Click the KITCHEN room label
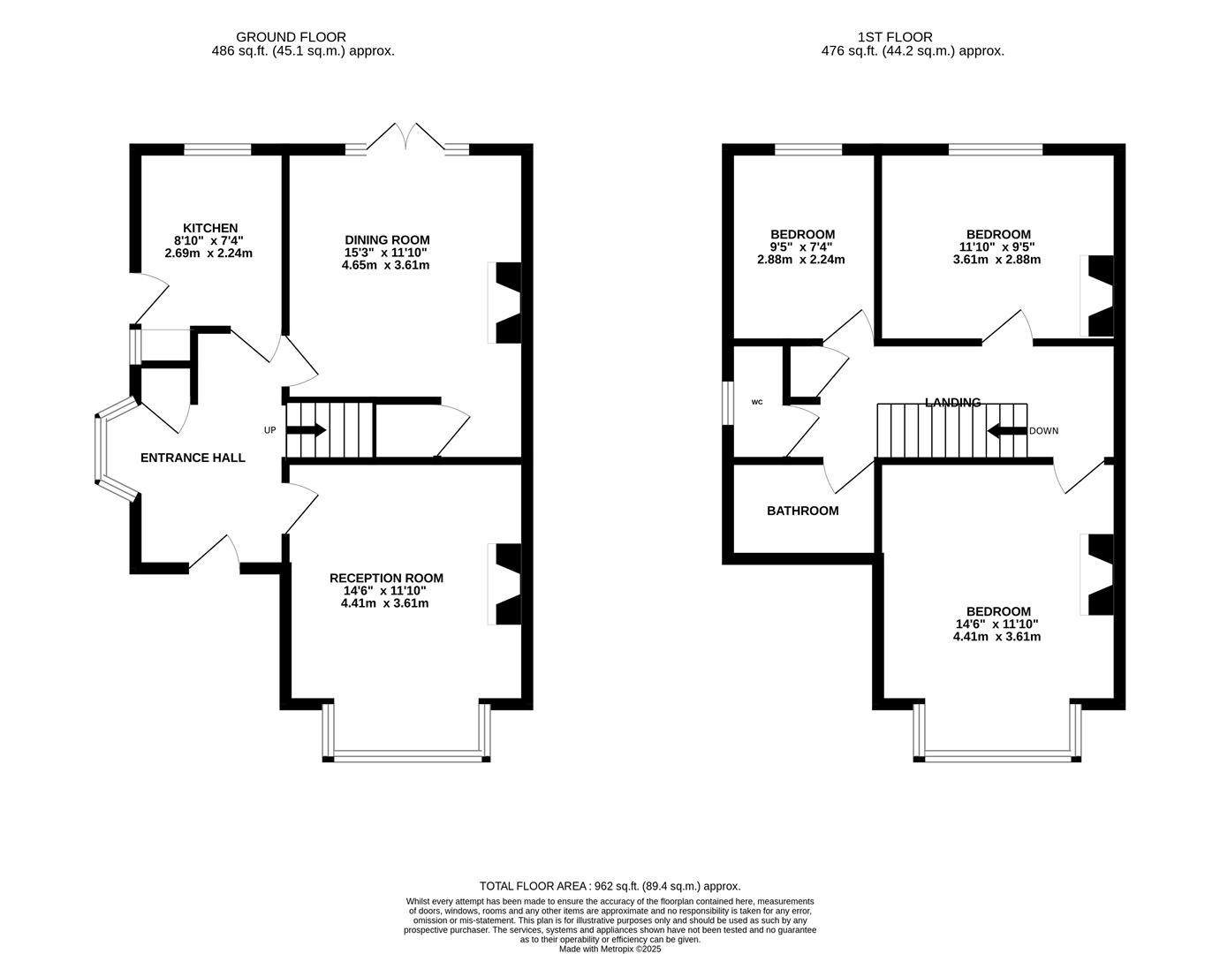(x=210, y=228)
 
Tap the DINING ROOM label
(x=387, y=240)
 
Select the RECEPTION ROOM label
(x=386, y=578)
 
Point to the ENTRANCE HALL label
(x=193, y=458)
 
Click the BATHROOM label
(x=803, y=511)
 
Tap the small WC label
(x=757, y=402)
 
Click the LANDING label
(x=952, y=403)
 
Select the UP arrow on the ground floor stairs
(x=306, y=430)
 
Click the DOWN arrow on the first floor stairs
(x=1007, y=431)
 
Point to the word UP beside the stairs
(x=270, y=430)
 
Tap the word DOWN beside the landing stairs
(x=1043, y=431)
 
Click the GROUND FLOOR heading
(x=291, y=37)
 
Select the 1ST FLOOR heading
(x=895, y=37)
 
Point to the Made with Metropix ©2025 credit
(x=610, y=950)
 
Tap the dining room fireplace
(x=505, y=302)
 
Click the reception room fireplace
(x=505, y=584)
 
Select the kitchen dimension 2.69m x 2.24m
(x=208, y=254)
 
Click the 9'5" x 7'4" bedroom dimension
(x=801, y=247)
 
